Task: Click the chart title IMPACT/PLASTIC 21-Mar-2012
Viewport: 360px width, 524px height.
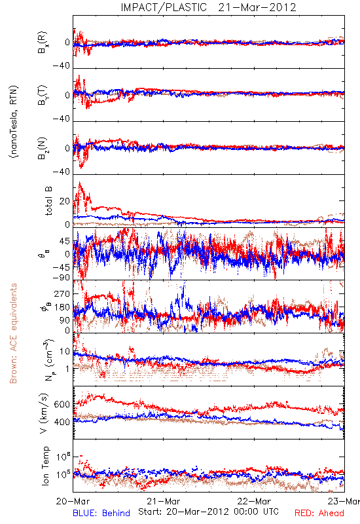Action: pos(208,7)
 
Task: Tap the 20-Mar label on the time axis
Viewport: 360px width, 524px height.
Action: pos(73,501)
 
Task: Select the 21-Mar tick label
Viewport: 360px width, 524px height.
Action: pos(163,501)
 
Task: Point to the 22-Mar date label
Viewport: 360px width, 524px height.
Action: pos(254,501)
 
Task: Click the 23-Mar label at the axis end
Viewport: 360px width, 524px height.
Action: pos(344,501)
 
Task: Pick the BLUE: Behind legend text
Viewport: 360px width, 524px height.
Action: pos(101,514)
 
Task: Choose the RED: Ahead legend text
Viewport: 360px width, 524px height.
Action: pos(319,514)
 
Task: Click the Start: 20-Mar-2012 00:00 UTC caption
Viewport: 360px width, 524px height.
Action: pos(208,512)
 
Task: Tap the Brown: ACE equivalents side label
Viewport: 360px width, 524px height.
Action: pos(13,333)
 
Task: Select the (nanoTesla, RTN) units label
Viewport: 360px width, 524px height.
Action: pos(14,122)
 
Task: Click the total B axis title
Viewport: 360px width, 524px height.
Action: pos(48,201)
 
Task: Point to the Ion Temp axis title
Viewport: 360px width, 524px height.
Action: pos(46,466)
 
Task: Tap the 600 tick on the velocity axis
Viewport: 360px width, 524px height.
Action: pos(62,404)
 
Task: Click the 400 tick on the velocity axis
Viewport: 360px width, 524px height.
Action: pos(62,422)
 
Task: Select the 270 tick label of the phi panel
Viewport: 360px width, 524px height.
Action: pos(62,294)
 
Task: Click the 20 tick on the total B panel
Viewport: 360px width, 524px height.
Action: pos(64,202)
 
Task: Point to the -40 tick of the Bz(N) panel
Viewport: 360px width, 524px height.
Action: pos(61,172)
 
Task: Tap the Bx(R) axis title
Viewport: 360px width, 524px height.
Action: pos(43,43)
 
